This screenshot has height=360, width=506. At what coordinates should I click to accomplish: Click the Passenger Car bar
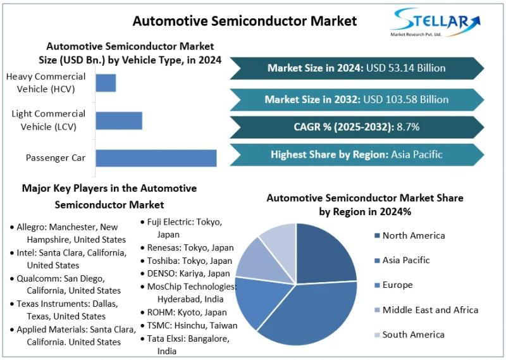[x=156, y=158]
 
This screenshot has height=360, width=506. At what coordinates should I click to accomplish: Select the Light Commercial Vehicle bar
[x=119, y=120]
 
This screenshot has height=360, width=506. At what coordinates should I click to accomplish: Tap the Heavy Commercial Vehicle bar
[x=106, y=83]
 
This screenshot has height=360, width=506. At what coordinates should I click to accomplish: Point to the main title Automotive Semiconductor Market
[x=244, y=21]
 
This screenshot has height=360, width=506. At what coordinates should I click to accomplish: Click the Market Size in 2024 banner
[x=356, y=68]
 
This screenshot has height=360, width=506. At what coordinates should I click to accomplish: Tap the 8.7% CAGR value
[x=408, y=127]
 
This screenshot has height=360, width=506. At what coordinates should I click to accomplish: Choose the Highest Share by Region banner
[x=356, y=154]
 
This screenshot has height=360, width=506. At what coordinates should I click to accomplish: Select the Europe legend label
[x=397, y=285]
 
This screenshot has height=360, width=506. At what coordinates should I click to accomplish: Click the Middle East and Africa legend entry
[x=430, y=310]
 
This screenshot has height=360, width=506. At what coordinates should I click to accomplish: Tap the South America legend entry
[x=413, y=335]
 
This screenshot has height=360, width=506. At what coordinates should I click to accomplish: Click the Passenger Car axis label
[x=55, y=158]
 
